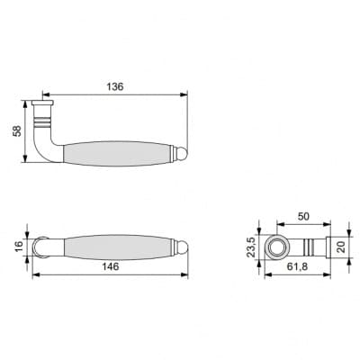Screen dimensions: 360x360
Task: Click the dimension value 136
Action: tap(115, 86)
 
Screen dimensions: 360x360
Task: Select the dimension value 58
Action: tap(18, 130)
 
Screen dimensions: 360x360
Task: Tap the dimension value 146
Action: tap(111, 266)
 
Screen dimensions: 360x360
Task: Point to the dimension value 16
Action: tap(19, 246)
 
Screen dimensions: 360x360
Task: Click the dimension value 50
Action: tap(303, 217)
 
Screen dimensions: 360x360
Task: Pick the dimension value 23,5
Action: tap(251, 247)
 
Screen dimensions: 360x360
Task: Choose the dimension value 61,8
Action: tap(297, 266)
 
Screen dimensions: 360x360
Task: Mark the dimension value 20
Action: tap(341, 247)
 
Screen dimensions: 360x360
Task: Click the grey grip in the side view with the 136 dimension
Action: tap(118, 153)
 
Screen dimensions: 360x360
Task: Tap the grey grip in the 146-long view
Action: tap(118, 247)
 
